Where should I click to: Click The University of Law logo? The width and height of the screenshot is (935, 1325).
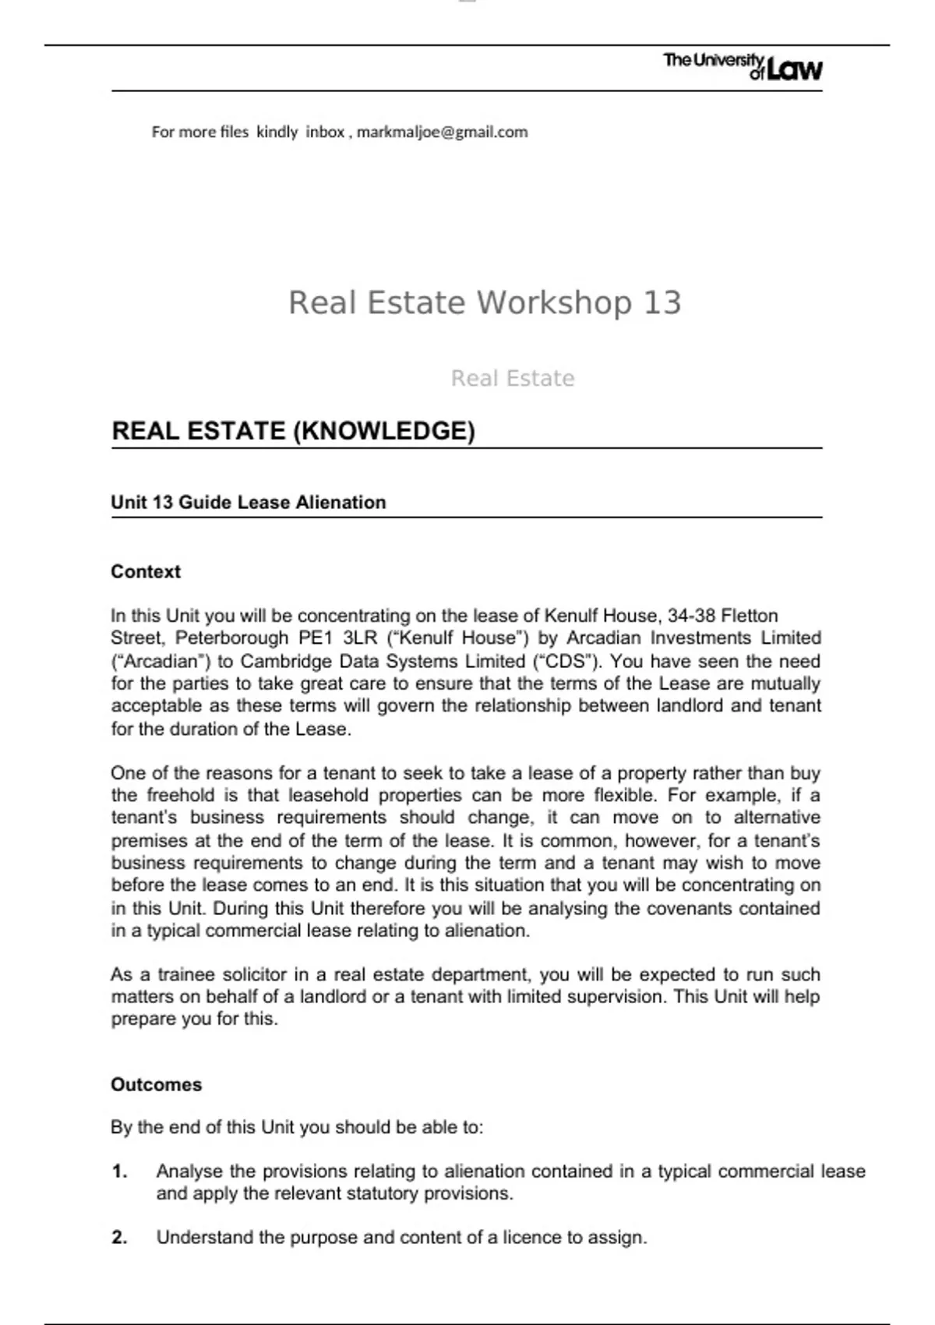743,67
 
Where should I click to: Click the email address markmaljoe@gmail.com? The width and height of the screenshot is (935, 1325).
442,132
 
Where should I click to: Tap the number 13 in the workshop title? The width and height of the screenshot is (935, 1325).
662,302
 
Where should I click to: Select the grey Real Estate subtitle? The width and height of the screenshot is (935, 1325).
513,378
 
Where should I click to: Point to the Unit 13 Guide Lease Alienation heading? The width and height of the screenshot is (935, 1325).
248,502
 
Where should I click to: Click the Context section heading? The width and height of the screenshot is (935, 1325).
146,571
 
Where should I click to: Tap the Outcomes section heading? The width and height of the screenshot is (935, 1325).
156,1084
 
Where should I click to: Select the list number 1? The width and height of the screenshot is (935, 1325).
119,1171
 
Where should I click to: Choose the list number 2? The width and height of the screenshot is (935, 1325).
119,1237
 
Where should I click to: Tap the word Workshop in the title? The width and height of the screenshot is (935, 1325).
553,302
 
